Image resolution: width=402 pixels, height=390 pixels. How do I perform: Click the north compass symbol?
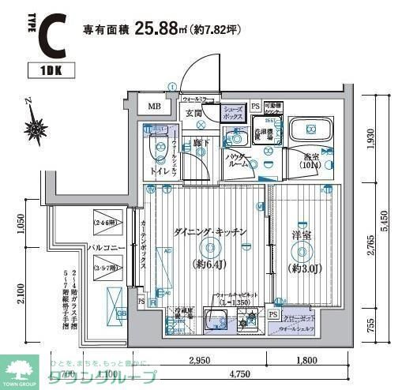tap(36, 125)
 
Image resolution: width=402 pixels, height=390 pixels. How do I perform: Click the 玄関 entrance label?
tap(194, 114)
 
